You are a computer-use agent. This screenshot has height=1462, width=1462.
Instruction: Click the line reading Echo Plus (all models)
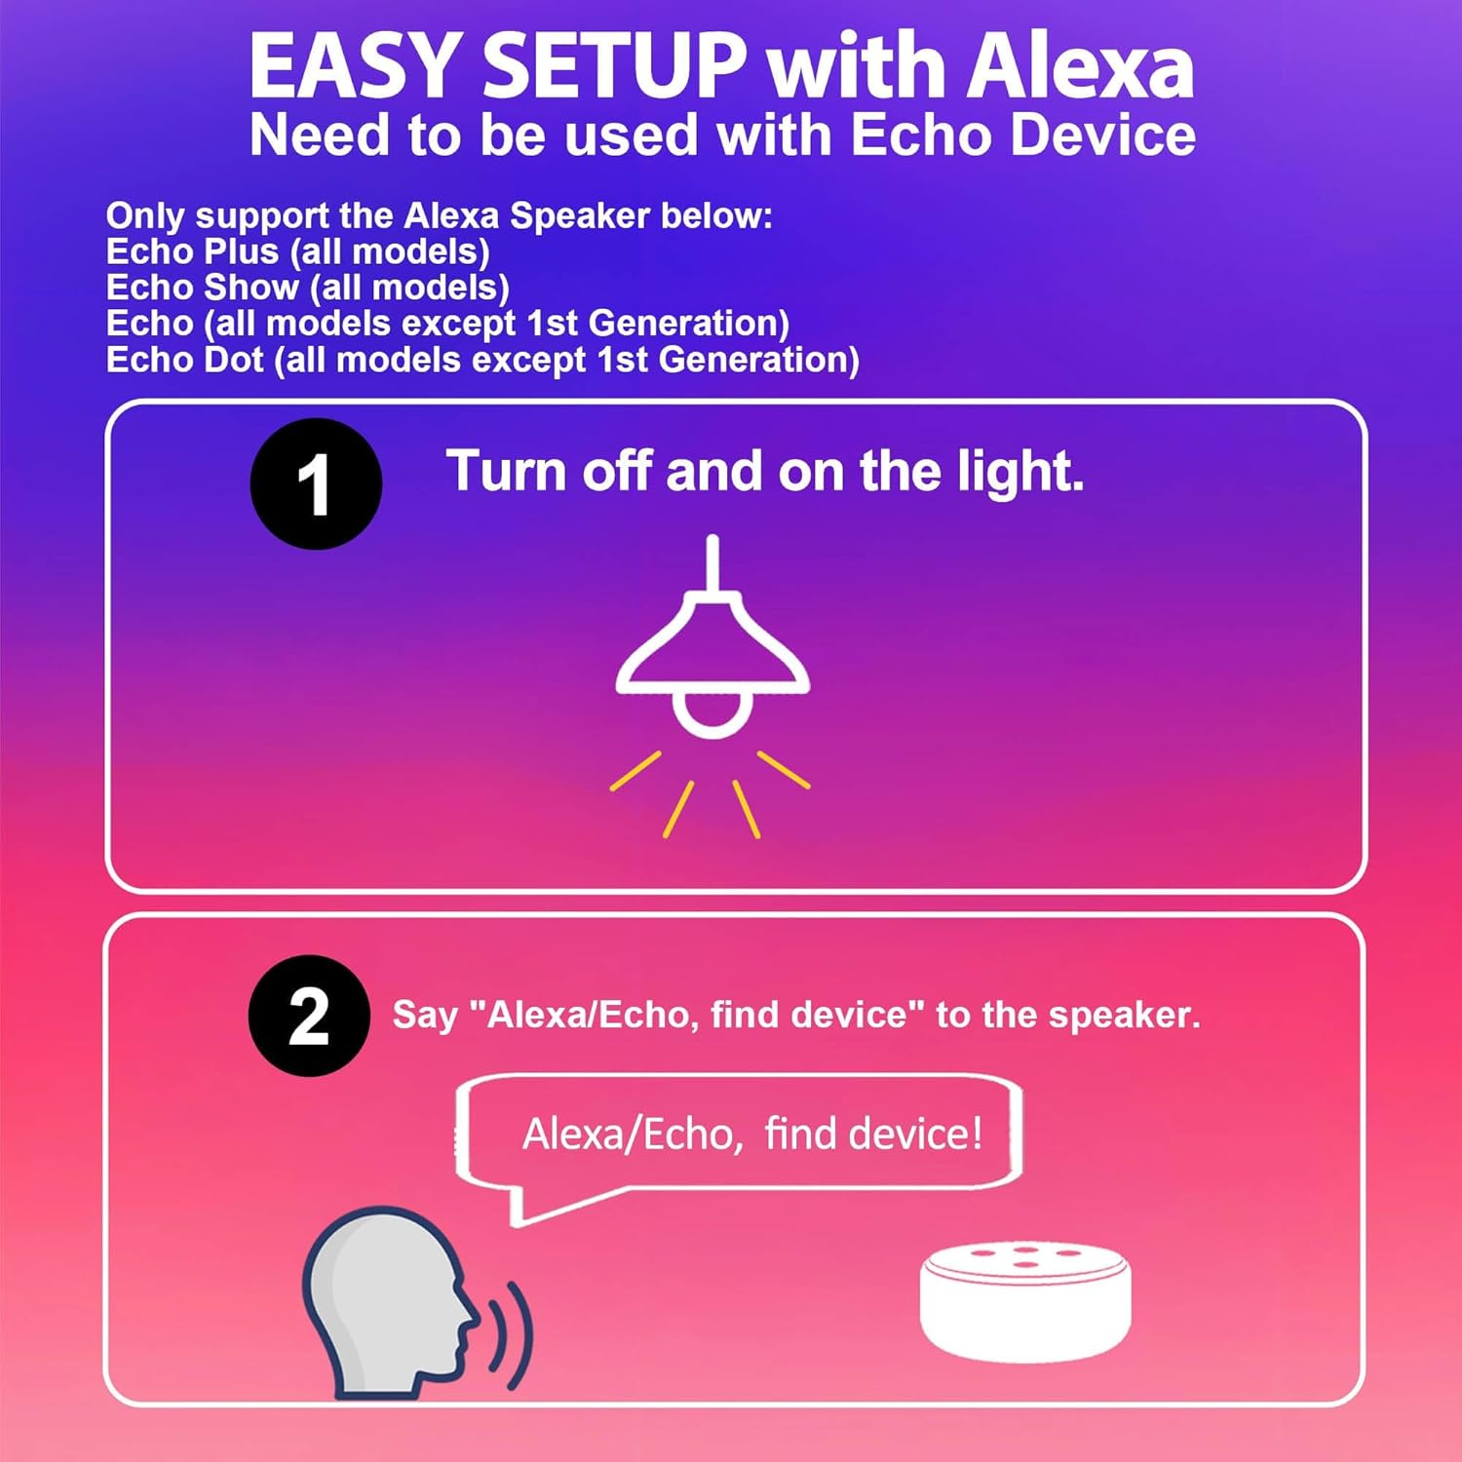pyautogui.click(x=297, y=251)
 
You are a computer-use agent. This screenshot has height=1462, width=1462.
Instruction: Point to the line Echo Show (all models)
pyautogui.click(x=307, y=288)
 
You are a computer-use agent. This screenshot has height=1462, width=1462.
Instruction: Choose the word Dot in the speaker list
pyautogui.click(x=234, y=360)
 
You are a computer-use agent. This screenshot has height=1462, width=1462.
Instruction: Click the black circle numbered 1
pyautogui.click(x=316, y=483)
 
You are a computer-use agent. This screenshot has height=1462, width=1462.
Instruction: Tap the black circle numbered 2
pyautogui.click(x=309, y=1016)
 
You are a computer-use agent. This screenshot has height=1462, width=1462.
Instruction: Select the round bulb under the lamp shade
pyautogui.click(x=712, y=714)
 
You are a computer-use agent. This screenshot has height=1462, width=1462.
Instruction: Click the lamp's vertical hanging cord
pyautogui.click(x=712, y=563)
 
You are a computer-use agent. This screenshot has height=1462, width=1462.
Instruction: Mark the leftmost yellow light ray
pyautogui.click(x=635, y=770)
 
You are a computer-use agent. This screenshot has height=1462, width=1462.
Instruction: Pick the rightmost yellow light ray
pyautogui.click(x=784, y=769)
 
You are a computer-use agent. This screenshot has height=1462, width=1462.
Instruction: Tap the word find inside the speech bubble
pyautogui.click(x=800, y=1134)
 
